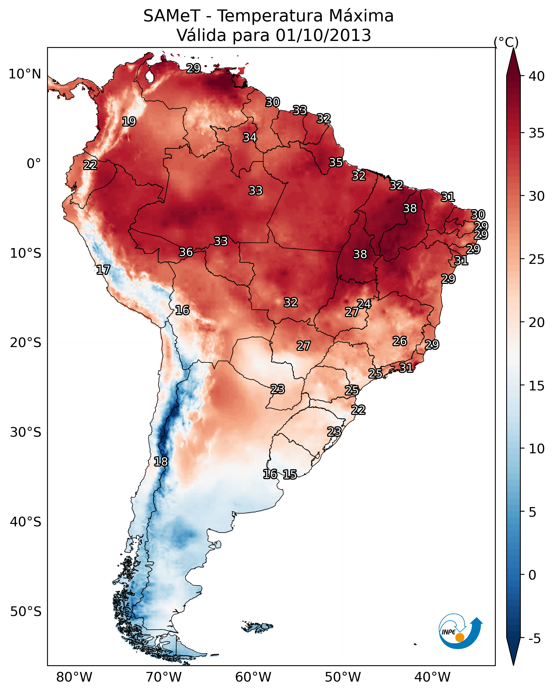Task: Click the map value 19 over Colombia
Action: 129,122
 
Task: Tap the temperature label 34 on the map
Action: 250,137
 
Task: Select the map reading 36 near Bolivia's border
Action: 186,252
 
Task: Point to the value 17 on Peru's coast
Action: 103,270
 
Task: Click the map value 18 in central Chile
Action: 161,462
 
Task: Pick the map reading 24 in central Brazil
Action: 364,304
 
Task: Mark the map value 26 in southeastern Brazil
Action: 400,341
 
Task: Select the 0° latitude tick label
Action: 34,164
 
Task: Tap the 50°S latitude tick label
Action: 26,612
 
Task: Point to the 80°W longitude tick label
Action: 74,677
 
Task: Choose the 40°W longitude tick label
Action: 432,677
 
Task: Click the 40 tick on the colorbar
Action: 537,76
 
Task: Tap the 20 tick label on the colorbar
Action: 537,322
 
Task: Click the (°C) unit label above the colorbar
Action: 506,42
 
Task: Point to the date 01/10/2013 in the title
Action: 323,35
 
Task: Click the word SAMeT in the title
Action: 172,16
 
